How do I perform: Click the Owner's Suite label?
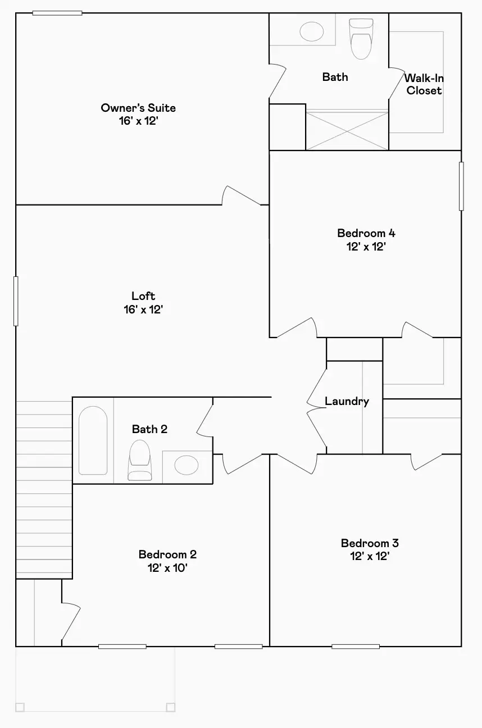[138, 108]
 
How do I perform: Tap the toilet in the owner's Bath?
[361, 39]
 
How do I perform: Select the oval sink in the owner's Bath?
[311, 31]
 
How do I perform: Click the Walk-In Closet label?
[424, 84]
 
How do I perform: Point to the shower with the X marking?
[347, 130]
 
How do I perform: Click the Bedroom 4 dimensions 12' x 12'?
[366, 247]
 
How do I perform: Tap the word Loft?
[143, 295]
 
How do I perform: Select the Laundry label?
[347, 402]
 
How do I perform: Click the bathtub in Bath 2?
[93, 440]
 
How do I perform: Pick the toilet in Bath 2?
[140, 460]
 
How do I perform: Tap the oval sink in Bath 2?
[187, 465]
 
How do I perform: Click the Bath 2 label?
[149, 429]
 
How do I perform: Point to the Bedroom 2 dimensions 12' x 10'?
[167, 568]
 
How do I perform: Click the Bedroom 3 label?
[370, 543]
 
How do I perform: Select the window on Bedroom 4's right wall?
[461, 186]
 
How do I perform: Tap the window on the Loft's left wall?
[16, 301]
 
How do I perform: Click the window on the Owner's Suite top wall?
[57, 13]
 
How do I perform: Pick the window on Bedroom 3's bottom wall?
[356, 647]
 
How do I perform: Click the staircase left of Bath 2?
[44, 490]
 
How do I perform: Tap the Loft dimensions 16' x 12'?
[143, 310]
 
